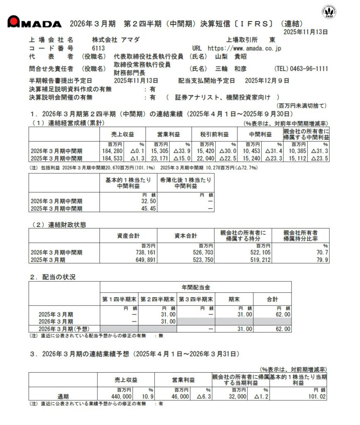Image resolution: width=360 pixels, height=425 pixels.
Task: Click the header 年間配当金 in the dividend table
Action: click(x=195, y=287)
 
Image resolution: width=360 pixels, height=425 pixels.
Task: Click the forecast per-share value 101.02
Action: click(x=318, y=397)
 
